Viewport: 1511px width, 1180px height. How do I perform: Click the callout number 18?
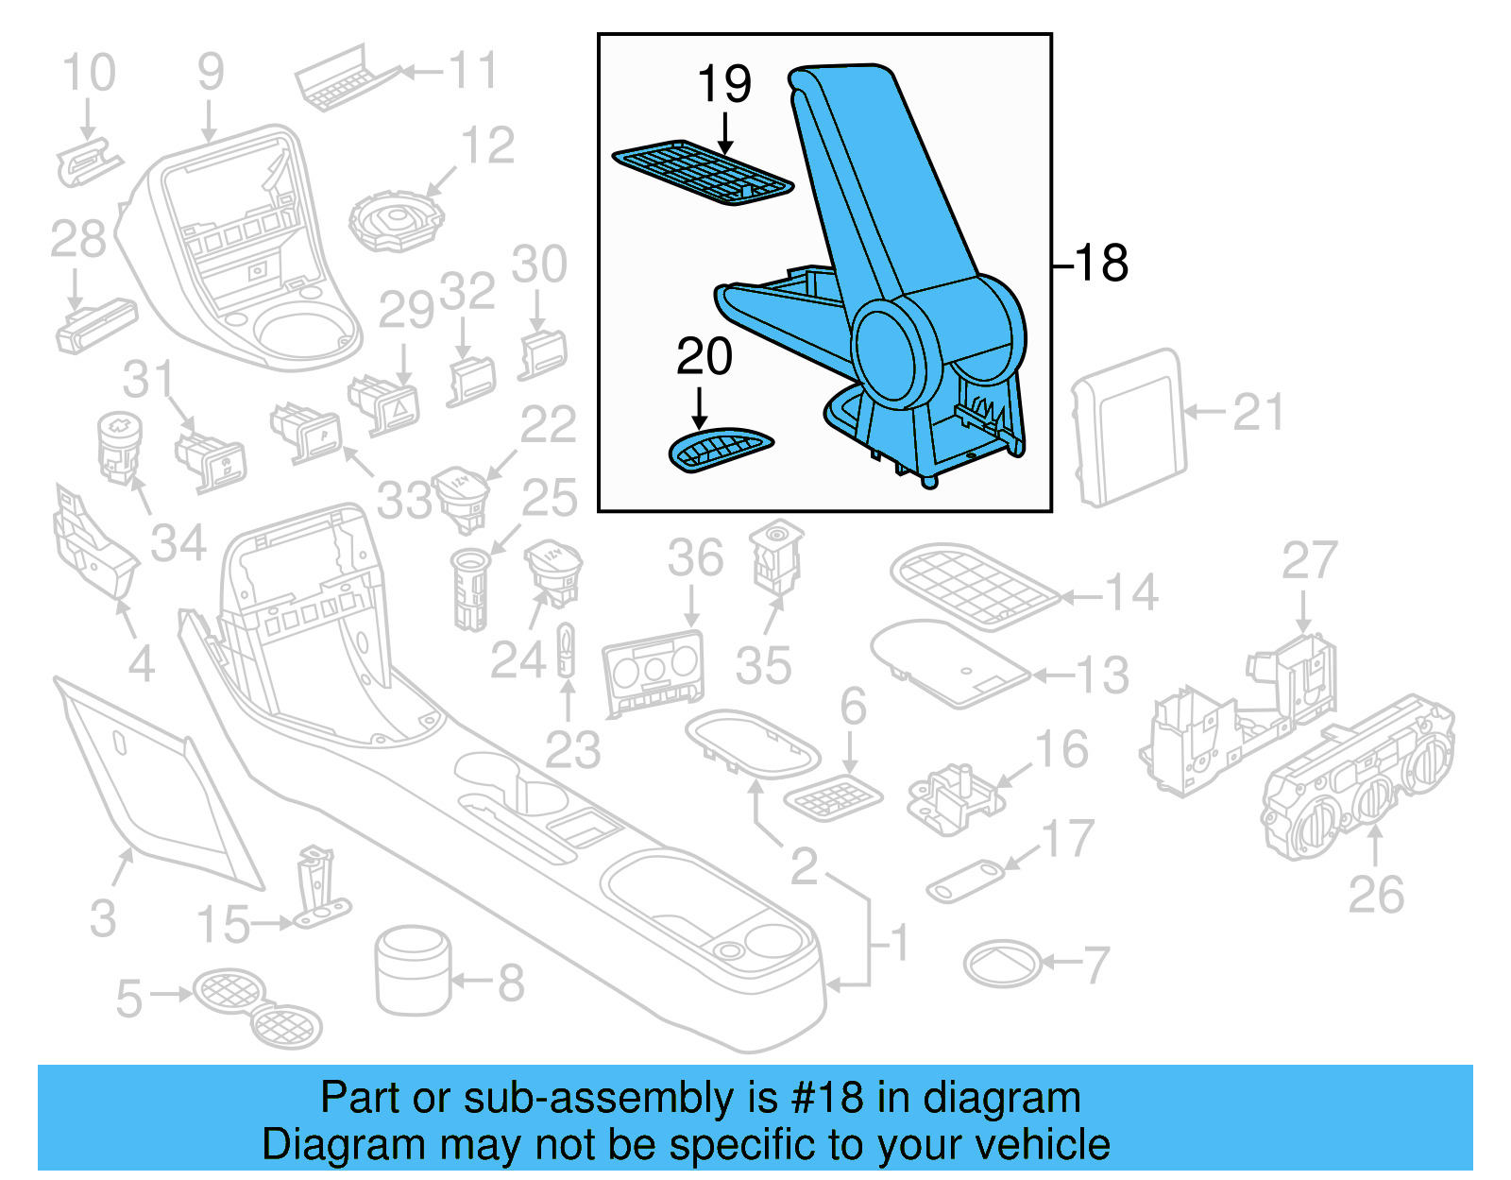pyautogui.click(x=1101, y=264)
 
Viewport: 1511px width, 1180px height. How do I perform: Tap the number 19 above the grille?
pyautogui.click(x=723, y=85)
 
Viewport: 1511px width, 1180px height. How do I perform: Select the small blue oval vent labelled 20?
pyautogui.click(x=721, y=449)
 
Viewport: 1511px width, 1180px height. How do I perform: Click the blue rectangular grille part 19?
pyautogui.click(x=702, y=173)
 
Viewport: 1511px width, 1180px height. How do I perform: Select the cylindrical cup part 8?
pyautogui.click(x=414, y=969)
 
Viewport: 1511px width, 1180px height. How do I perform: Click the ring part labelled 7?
pyautogui.click(x=1002, y=965)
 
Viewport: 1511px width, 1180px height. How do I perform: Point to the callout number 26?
pyautogui.click(x=1375, y=895)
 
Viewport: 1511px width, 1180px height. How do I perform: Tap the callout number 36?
pyautogui.click(x=695, y=558)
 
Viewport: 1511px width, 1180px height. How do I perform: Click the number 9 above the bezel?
pyautogui.click(x=210, y=73)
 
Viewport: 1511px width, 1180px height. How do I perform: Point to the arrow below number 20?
pyautogui.click(x=700, y=410)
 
